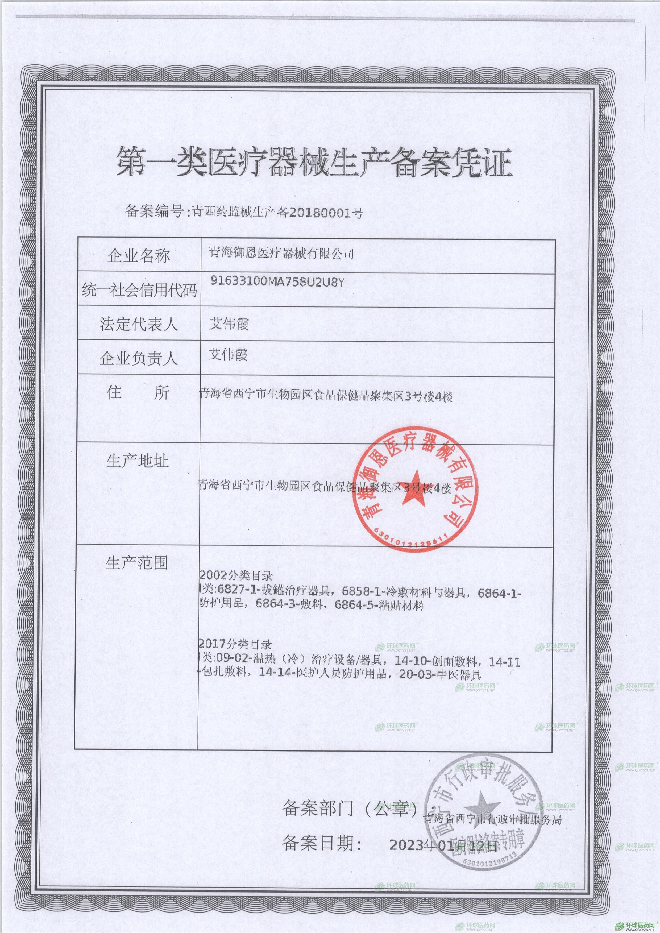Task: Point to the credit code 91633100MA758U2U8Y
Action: pyautogui.click(x=277, y=282)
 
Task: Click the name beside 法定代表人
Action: pyautogui.click(x=229, y=324)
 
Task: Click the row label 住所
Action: pyautogui.click(x=138, y=393)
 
